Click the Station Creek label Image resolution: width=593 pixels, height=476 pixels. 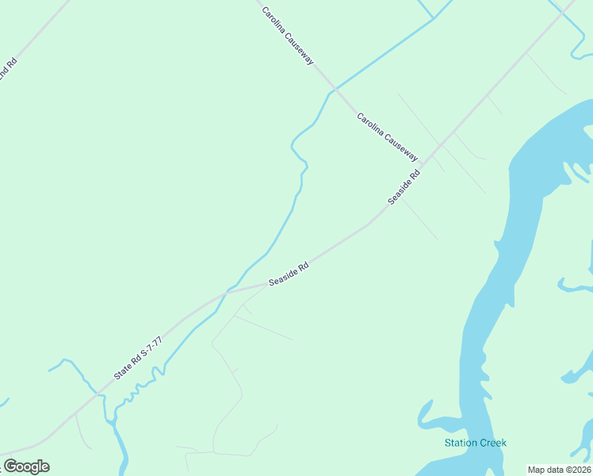[475, 443]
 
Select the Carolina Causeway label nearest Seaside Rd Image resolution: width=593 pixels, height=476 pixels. [387, 137]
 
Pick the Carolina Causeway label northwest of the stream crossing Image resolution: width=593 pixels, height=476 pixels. [289, 38]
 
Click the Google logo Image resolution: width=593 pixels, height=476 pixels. [26, 466]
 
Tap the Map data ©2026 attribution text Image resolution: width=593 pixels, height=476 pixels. [560, 470]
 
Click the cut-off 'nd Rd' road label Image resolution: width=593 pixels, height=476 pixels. [6, 70]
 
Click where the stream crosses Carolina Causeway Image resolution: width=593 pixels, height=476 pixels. [335, 89]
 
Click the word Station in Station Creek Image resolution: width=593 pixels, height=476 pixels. [460, 443]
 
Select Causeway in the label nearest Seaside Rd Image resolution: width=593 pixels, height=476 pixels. [400, 148]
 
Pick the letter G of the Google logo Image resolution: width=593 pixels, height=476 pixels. [10, 466]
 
